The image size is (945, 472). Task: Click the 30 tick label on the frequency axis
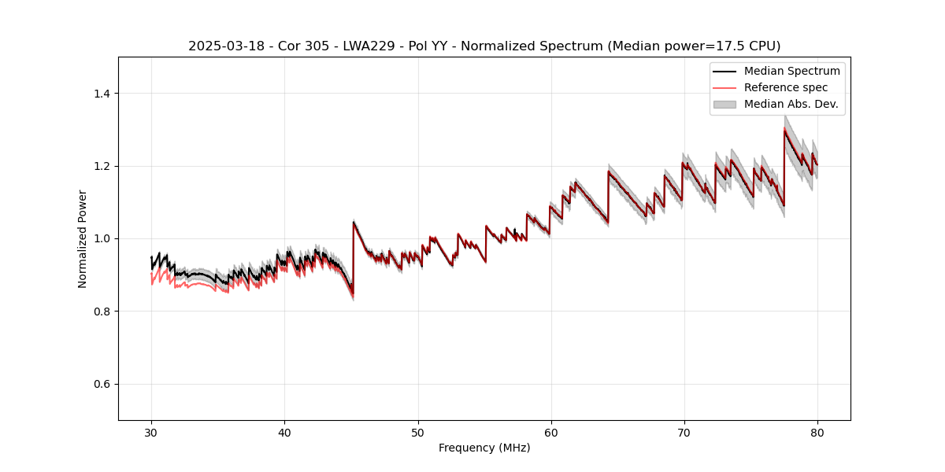(x=151, y=432)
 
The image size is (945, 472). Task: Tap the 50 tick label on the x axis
(x=417, y=432)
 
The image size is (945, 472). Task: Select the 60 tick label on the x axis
(x=550, y=432)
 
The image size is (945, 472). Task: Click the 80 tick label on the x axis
(x=817, y=432)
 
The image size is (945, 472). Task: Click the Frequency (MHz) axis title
(x=484, y=448)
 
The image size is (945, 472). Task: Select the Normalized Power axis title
(x=83, y=238)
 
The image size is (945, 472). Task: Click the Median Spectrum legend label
(x=791, y=72)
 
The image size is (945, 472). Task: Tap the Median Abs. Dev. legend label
(x=791, y=104)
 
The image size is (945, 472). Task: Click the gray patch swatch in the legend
(x=724, y=104)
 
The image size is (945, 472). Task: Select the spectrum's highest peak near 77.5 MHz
(x=784, y=130)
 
